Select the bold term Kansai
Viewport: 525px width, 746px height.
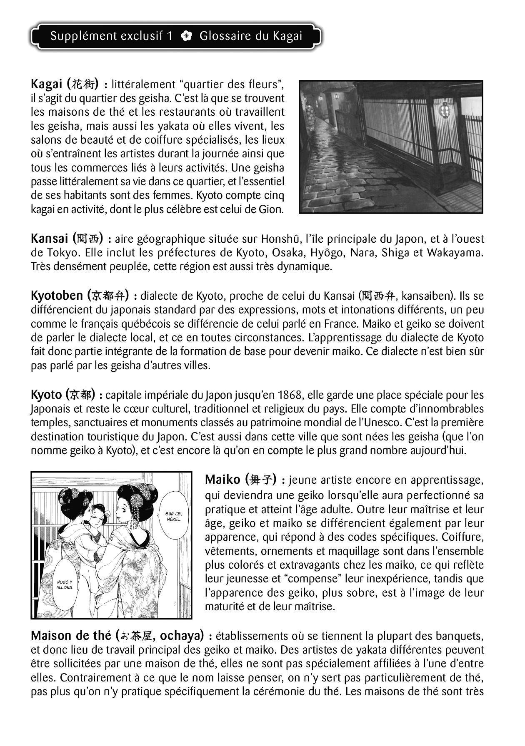pos(49,239)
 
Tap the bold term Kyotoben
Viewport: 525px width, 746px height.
pos(57,296)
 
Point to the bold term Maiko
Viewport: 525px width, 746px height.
pos(222,480)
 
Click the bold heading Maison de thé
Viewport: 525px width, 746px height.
pos(71,636)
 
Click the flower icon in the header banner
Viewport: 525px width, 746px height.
pos(186,36)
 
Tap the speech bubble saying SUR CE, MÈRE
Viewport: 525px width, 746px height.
pos(173,516)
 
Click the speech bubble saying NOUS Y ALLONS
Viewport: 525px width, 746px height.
pos(65,584)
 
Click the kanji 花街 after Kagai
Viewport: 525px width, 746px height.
pos(83,85)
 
